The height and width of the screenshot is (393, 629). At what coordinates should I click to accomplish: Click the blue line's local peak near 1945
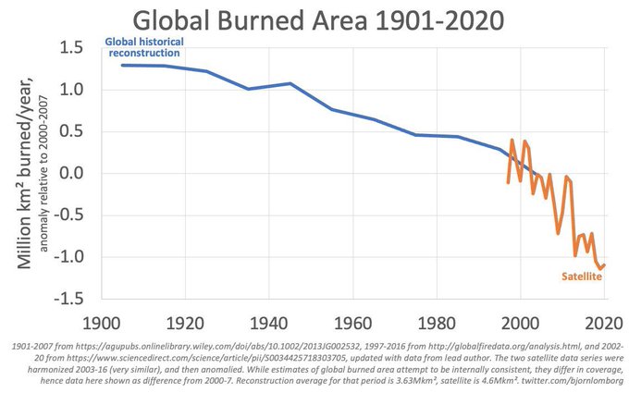(x=290, y=83)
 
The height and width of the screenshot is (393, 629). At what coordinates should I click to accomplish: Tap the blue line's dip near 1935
(x=248, y=89)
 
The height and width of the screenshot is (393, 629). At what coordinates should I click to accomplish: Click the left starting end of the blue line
(x=122, y=65)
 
